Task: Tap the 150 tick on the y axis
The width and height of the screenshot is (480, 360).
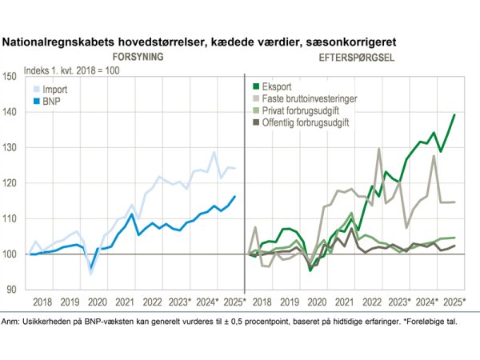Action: tap(11, 78)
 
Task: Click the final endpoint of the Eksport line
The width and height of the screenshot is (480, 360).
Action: tap(454, 115)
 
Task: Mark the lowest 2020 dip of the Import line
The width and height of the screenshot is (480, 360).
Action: tap(90, 274)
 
